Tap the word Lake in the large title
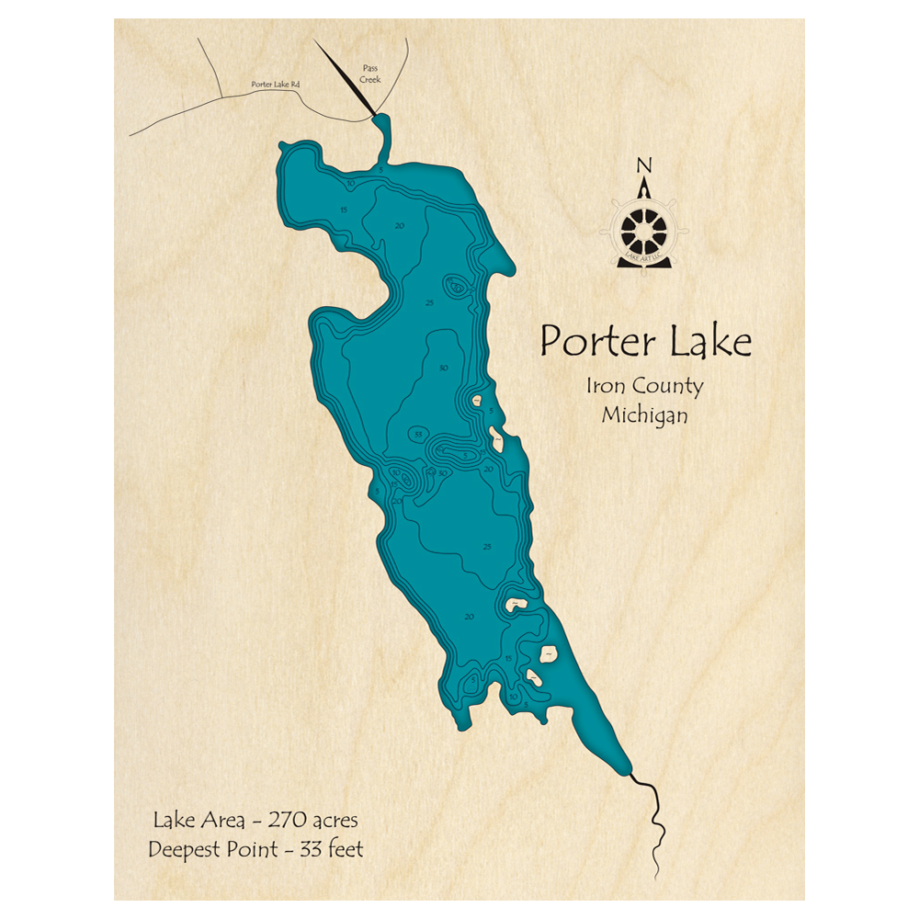708,341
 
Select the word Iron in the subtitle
606,386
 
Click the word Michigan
644,415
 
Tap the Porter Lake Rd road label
277,85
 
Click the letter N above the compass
644,166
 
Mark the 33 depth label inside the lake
418,434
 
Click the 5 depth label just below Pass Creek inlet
380,170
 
